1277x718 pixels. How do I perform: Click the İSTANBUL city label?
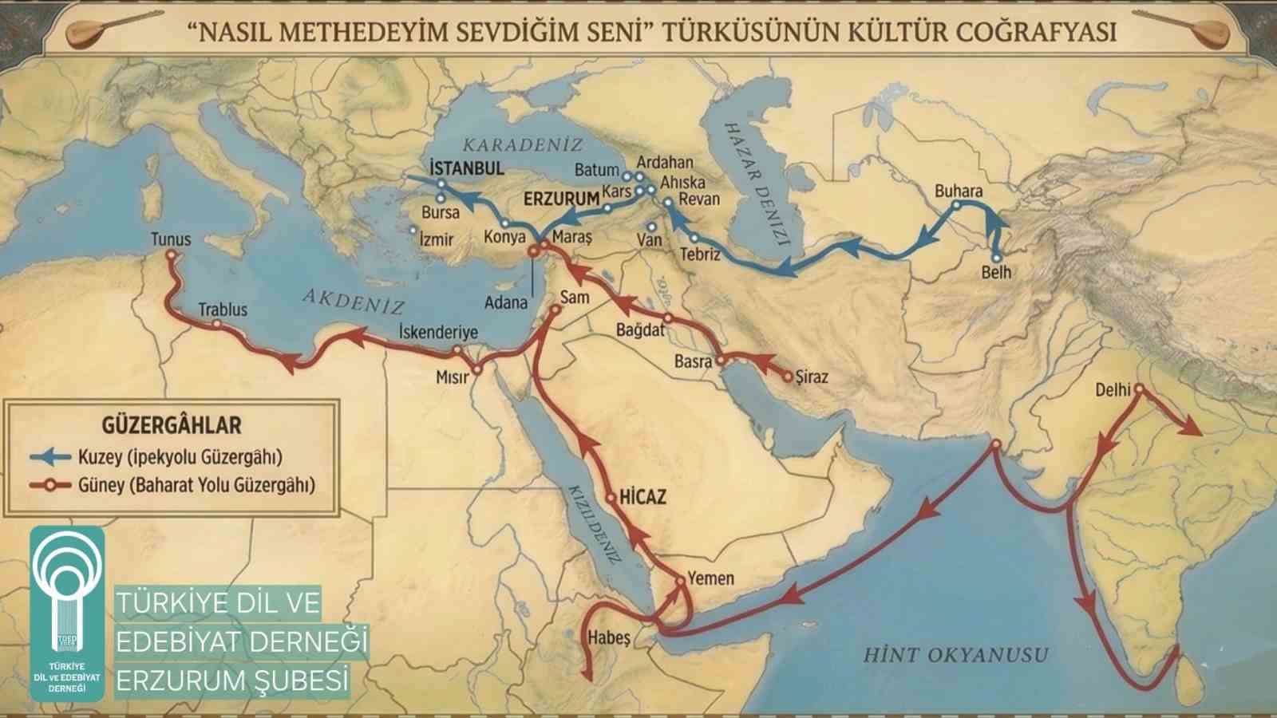[x=467, y=168]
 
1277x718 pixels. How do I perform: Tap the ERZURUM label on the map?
[x=561, y=199]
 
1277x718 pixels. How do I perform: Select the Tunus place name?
[x=171, y=239]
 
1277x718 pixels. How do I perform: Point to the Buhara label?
[x=959, y=191]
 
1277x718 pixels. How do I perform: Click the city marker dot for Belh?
[x=996, y=258]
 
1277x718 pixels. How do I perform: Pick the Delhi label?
[x=1113, y=389]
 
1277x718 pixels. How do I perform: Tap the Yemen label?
[x=710, y=578]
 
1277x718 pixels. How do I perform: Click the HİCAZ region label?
[x=642, y=497]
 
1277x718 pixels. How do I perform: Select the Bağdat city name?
[x=640, y=329]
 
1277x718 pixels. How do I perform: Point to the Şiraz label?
[x=812, y=377]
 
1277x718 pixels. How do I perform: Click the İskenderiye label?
[x=438, y=332]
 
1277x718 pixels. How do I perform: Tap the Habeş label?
[x=609, y=638]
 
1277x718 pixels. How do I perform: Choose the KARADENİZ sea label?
[x=523, y=145]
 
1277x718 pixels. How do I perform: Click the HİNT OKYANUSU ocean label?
[x=955, y=656]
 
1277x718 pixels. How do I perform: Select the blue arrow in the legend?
[x=49, y=457]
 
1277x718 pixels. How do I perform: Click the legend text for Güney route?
[x=196, y=485]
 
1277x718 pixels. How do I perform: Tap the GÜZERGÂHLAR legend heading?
[x=172, y=424]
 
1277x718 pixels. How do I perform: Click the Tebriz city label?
[x=700, y=254]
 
